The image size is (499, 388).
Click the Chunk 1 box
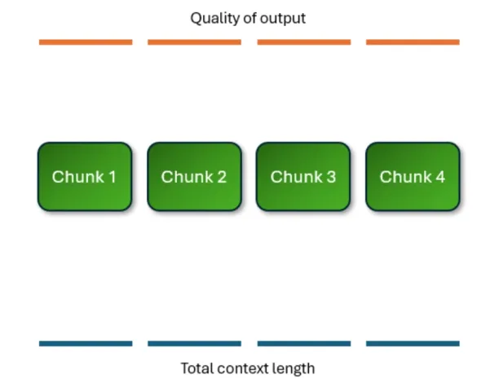point(85,177)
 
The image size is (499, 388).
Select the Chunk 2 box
point(194,177)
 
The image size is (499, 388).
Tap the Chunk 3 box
point(303,177)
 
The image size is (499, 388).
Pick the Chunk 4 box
point(413,177)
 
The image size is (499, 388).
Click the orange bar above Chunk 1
point(86,42)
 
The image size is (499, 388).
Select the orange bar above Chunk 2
point(194,42)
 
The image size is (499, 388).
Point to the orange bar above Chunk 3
point(304,42)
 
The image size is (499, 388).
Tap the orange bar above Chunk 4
point(413,42)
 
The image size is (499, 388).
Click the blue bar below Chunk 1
point(86,343)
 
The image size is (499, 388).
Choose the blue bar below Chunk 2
point(194,343)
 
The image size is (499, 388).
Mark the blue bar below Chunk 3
point(304,343)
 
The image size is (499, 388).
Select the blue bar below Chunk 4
point(413,343)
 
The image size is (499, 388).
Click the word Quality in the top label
point(214,19)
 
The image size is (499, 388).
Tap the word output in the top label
point(283,19)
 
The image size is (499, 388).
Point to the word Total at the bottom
point(197,368)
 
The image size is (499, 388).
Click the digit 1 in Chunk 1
point(112,177)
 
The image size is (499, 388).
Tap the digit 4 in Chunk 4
point(440,177)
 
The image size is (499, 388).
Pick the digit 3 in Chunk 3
point(331,177)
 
